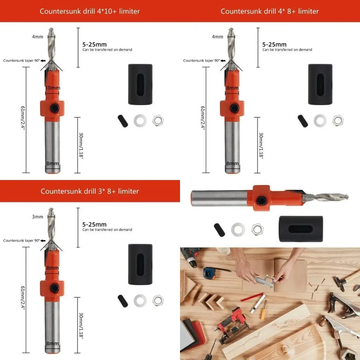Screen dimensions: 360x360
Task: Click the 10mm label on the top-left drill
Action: pyautogui.click(x=52, y=88)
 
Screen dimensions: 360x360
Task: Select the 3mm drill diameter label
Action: pyautogui.click(x=38, y=217)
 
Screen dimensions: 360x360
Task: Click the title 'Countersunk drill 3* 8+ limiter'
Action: pyautogui.click(x=90, y=191)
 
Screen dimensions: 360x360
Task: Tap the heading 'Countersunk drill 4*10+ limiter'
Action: pyautogui.click(x=90, y=11)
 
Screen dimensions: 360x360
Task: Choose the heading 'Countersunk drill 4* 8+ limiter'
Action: pyautogui.click(x=270, y=11)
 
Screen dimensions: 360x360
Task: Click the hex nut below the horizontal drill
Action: pyautogui.click(x=257, y=230)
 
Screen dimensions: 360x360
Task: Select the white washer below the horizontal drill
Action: pyautogui.click(x=238, y=230)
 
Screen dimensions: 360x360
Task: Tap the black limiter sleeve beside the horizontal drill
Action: pyautogui.click(x=301, y=229)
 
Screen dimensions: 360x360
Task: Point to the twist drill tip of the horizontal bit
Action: pyautogui.click(x=330, y=197)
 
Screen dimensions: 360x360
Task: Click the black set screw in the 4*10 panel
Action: pyautogui.click(x=123, y=121)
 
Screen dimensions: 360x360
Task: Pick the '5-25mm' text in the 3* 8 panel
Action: pyautogui.click(x=94, y=224)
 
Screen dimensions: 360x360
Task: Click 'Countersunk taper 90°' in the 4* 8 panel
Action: pyautogui.click(x=201, y=60)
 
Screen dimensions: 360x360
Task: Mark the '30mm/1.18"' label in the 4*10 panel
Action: pyautogui.click(x=81, y=146)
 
